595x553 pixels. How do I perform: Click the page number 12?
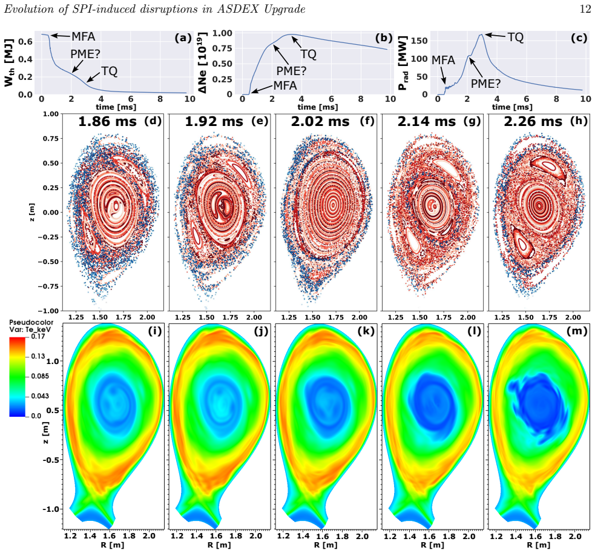click(x=585, y=8)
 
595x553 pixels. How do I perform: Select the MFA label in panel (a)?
click(x=84, y=36)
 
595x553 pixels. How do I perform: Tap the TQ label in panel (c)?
click(x=516, y=37)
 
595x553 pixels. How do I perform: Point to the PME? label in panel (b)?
click(x=291, y=71)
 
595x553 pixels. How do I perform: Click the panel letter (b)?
click(x=384, y=38)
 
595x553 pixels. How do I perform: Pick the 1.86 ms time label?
click(x=107, y=122)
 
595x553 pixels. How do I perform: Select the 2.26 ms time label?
click(x=533, y=122)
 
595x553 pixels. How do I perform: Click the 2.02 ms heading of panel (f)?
click(x=320, y=122)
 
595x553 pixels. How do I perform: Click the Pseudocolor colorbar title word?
click(x=31, y=323)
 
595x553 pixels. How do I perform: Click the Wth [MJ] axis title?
click(x=10, y=62)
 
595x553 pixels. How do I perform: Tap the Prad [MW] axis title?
click(x=403, y=63)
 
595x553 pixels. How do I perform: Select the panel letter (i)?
click(x=155, y=331)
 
